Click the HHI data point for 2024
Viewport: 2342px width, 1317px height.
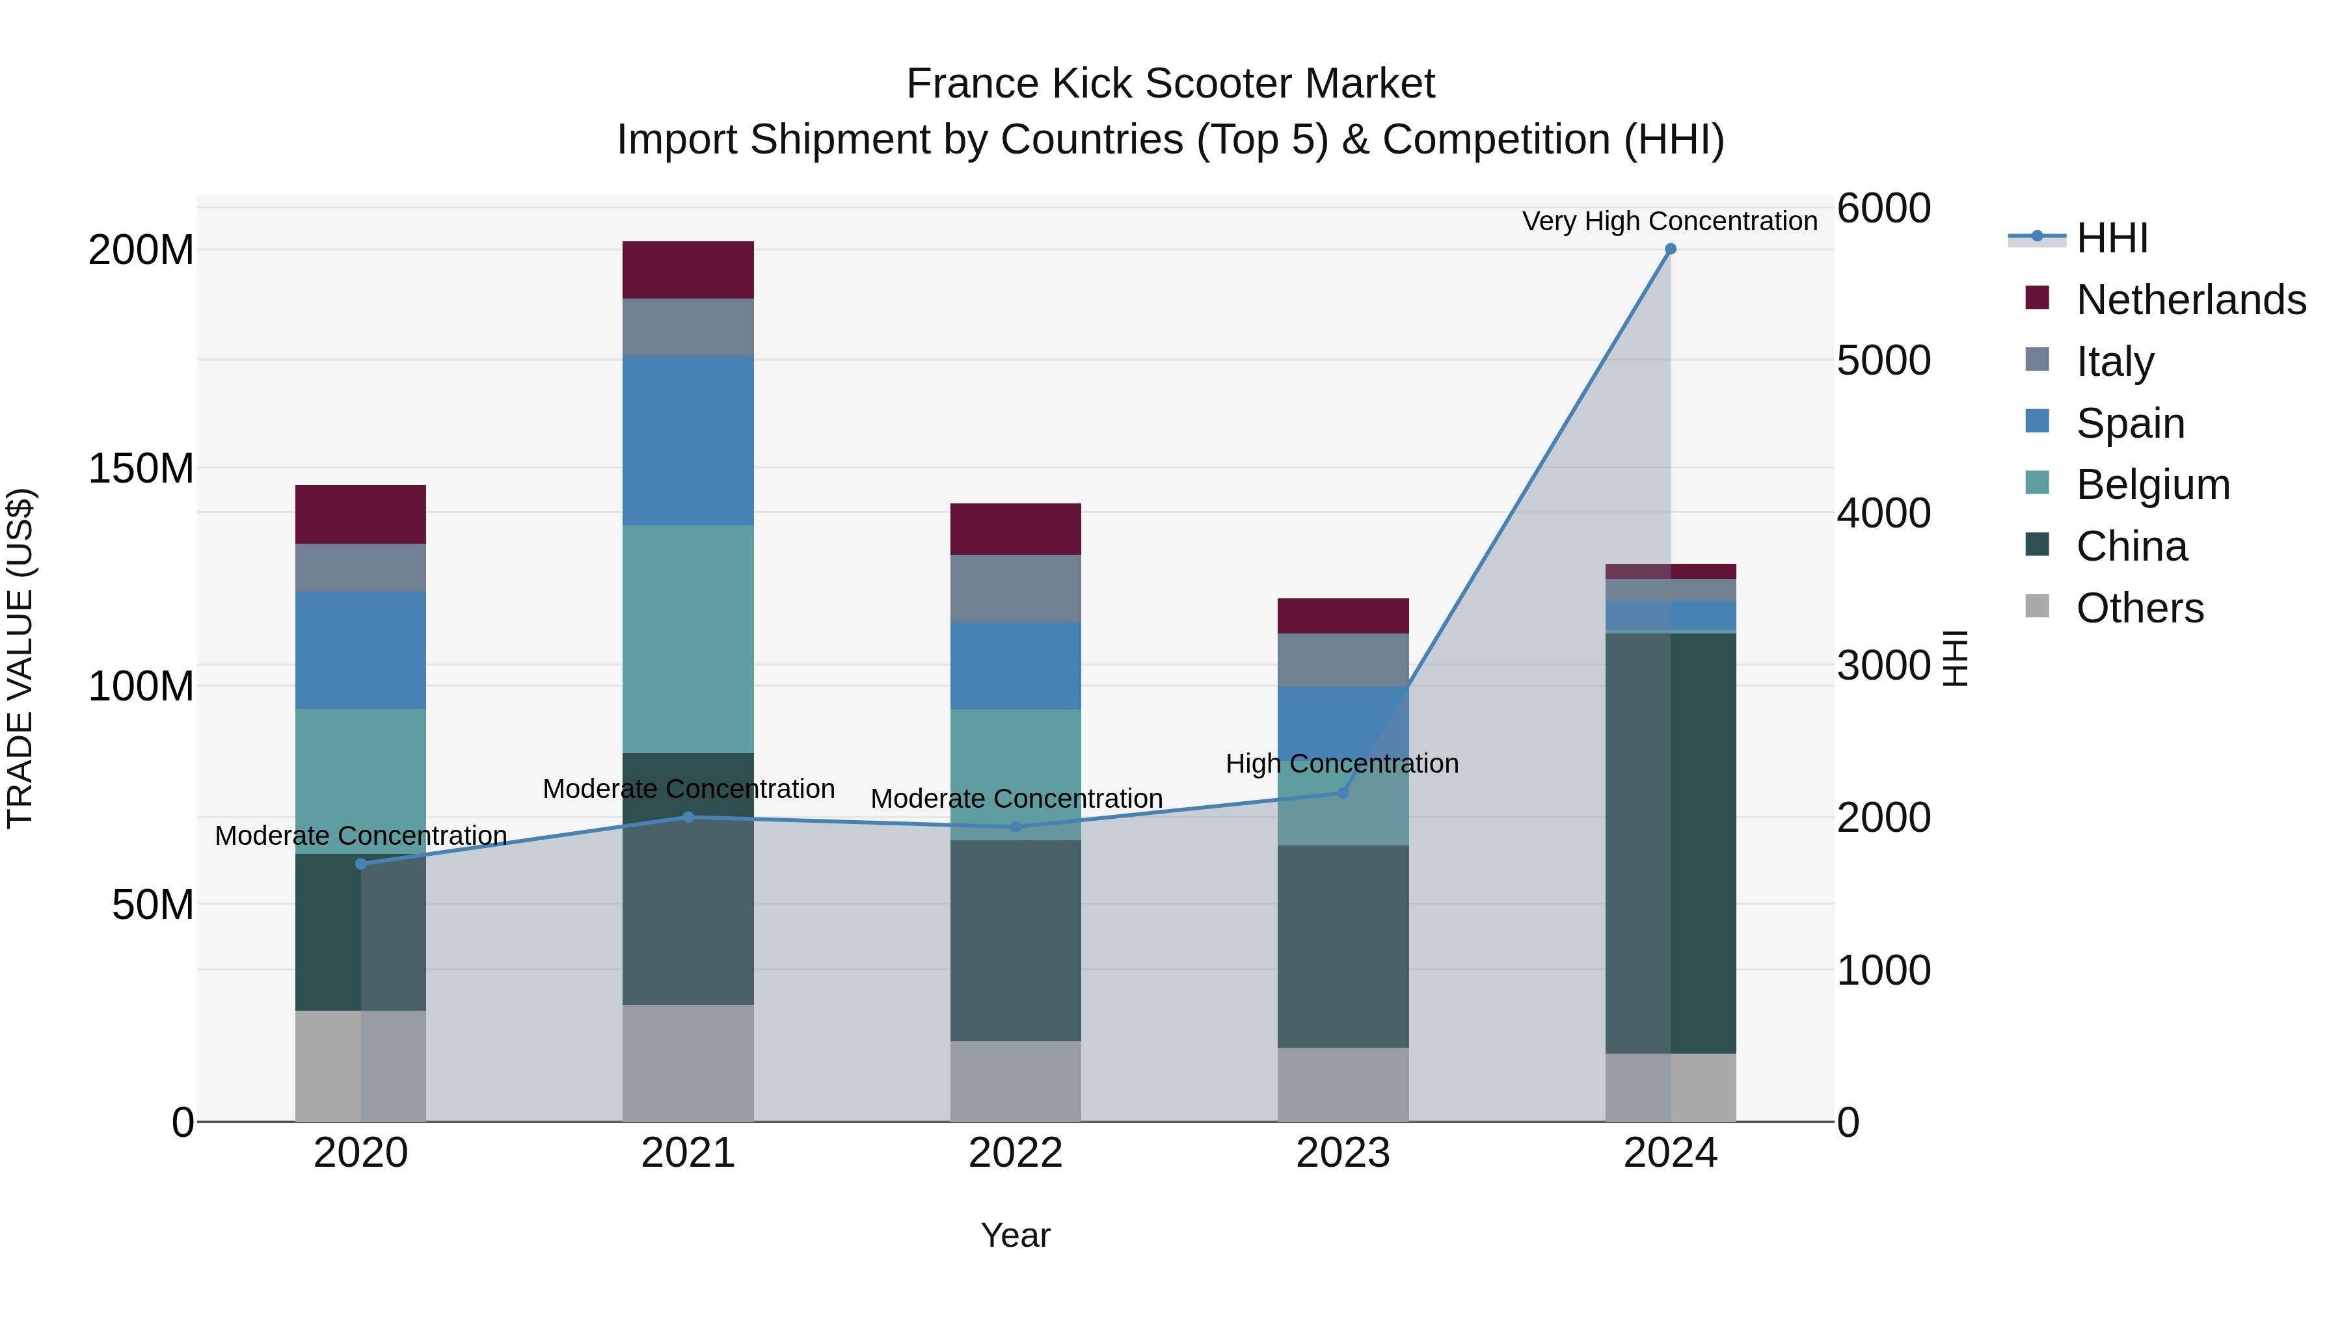pyautogui.click(x=1670, y=249)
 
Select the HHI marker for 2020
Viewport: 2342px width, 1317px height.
pyautogui.click(x=361, y=864)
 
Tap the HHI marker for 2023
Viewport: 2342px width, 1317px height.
pyautogui.click(x=1343, y=793)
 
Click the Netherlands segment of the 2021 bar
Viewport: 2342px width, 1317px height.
pyautogui.click(x=688, y=270)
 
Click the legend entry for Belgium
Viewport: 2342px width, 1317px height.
pyautogui.click(x=2152, y=485)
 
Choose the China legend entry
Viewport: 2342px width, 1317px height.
pyautogui.click(x=2131, y=546)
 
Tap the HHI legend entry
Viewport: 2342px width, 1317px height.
pyautogui.click(x=2111, y=238)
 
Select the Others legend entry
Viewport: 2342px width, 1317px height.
pyautogui.click(x=2139, y=608)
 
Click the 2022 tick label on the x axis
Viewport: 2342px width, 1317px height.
pyautogui.click(x=1016, y=1153)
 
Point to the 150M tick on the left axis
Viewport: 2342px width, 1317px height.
pyautogui.click(x=141, y=469)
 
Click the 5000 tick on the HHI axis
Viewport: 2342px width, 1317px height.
pyautogui.click(x=1883, y=361)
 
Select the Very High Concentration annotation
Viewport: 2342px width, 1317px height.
pyautogui.click(x=1669, y=221)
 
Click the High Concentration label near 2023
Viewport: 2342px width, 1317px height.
pyautogui.click(x=1342, y=764)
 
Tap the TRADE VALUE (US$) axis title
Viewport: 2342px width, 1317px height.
pyautogui.click(x=21, y=658)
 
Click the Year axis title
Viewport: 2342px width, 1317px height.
pyautogui.click(x=1016, y=1235)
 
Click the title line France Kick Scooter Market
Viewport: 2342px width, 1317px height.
pyautogui.click(x=1170, y=84)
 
